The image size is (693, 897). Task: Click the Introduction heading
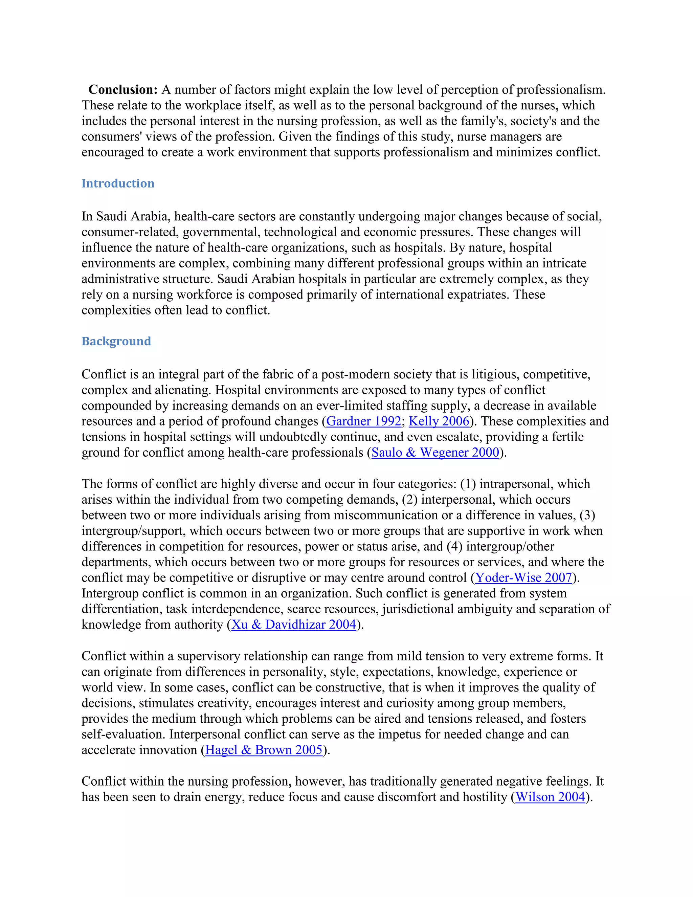coord(118,183)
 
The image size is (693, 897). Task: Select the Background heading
coord(116,341)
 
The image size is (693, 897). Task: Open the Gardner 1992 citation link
coord(363,421)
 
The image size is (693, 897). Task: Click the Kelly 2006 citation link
coord(439,421)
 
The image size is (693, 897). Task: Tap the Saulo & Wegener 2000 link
coord(435,453)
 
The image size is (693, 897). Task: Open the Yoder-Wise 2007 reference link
coord(523,578)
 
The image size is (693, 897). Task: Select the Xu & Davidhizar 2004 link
coord(293,625)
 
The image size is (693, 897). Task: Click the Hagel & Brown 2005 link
coord(264,750)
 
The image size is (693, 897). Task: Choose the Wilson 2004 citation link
coord(550,797)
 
